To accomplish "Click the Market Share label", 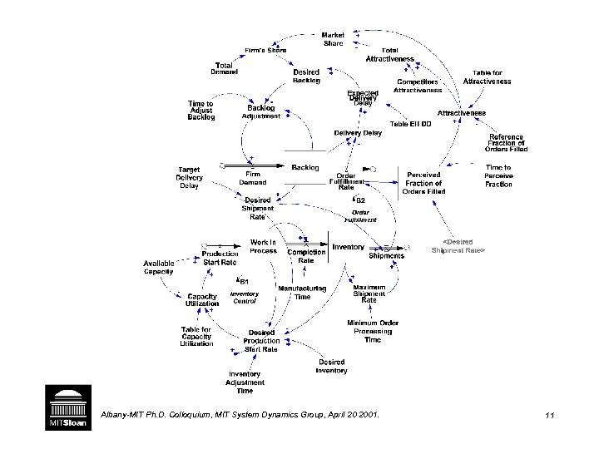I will coord(333,39).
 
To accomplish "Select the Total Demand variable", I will coord(224,68).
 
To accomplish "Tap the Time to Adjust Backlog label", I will coord(201,111).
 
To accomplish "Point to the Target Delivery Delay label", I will coord(189,178).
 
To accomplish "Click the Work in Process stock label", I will coord(263,246).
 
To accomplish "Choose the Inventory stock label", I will coord(348,247).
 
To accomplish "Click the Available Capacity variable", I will coord(159,268).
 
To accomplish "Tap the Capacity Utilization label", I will coord(203,300).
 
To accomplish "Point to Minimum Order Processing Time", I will coord(372,331).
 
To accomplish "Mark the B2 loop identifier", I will coord(359,200).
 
